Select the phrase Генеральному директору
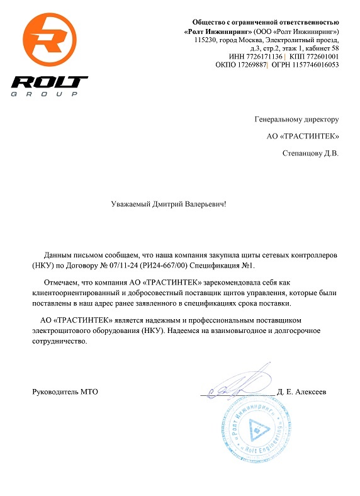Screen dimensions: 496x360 click(x=296, y=118)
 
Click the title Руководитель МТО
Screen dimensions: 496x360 click(x=65, y=392)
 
